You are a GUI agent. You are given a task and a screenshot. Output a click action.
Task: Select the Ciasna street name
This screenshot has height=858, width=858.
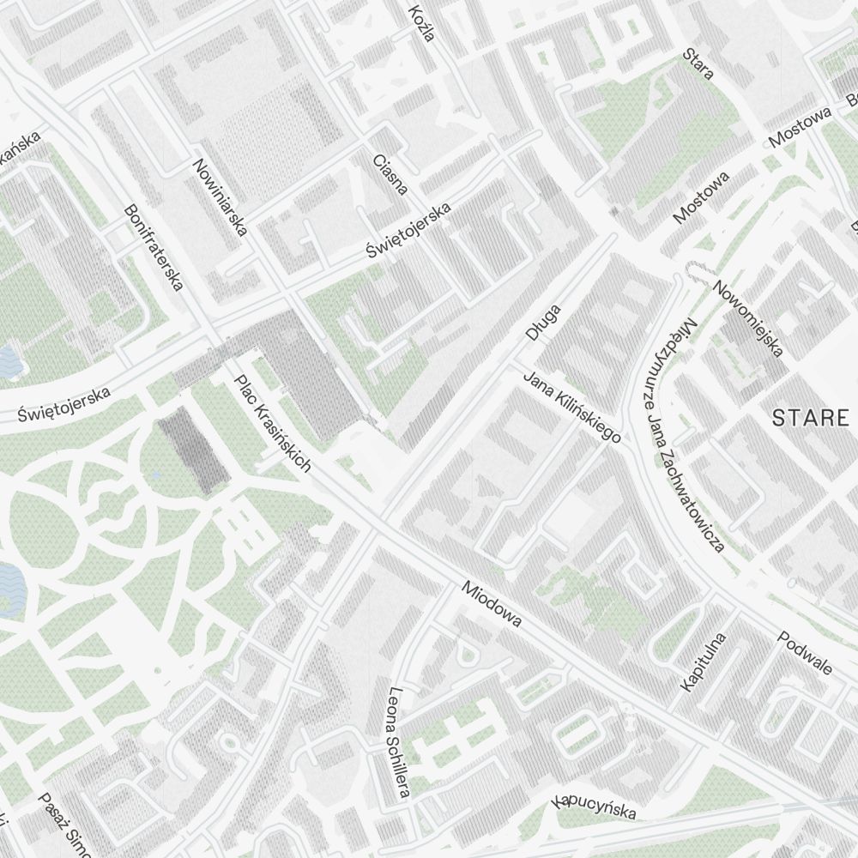coord(390,174)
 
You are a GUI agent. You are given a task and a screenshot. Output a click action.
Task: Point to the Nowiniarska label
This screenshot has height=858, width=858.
coord(221,197)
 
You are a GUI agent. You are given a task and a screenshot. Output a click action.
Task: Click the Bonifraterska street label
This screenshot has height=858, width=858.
coord(154,247)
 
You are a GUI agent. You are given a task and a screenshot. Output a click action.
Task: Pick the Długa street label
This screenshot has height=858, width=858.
coord(543,323)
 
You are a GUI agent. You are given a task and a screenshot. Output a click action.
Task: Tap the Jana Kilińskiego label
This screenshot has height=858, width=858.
coord(572,408)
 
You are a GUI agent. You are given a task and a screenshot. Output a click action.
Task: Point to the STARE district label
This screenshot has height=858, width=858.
coord(809,419)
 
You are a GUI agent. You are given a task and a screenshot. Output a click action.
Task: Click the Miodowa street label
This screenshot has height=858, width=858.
coord(491,604)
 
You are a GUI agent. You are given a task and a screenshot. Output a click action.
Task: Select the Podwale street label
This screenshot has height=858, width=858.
coord(805,653)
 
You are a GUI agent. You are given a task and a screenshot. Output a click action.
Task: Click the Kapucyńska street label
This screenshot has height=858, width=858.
coord(595,807)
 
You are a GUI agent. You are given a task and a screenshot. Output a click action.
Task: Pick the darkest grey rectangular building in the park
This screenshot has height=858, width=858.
coord(194,450)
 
